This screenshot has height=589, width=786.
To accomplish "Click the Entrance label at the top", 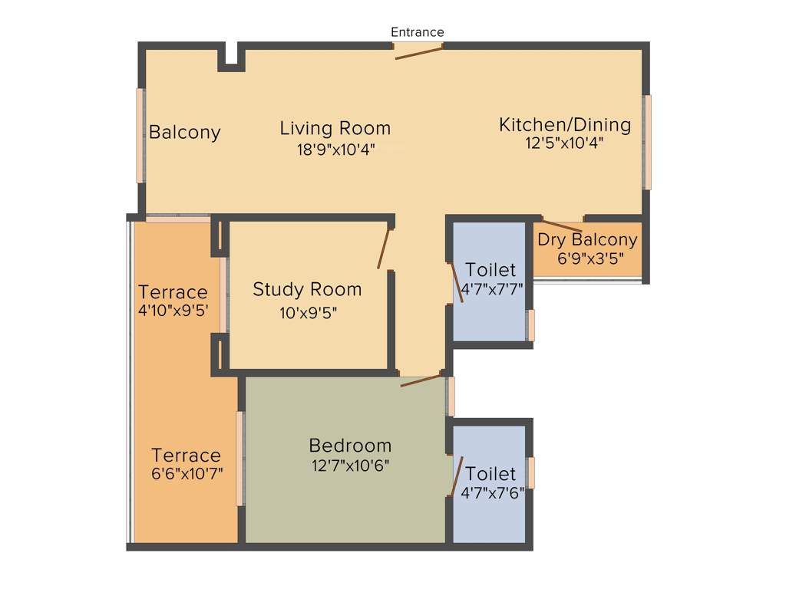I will pyautogui.click(x=418, y=32).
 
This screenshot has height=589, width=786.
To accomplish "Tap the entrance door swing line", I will pyautogui.click(x=419, y=52).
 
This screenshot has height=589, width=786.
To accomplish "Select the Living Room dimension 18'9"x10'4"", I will pyautogui.click(x=335, y=150).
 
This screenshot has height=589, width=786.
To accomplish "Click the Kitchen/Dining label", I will pyautogui.click(x=565, y=124).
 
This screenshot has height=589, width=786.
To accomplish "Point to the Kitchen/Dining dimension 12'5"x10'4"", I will pyautogui.click(x=565, y=143).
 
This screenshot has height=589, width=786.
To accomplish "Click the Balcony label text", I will pyautogui.click(x=184, y=132).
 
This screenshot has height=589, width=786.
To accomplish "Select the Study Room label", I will pyautogui.click(x=307, y=289).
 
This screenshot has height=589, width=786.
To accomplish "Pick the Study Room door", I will pyautogui.click(x=385, y=248).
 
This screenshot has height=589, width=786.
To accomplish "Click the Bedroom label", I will pyautogui.click(x=350, y=445).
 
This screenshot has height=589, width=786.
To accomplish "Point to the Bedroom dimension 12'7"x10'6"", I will pyautogui.click(x=350, y=465).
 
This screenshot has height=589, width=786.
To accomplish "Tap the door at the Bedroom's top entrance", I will pyautogui.click(x=421, y=380).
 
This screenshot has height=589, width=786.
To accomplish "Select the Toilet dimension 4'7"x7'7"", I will pyautogui.click(x=492, y=290).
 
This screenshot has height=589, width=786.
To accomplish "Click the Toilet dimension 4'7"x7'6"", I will pyautogui.click(x=492, y=493).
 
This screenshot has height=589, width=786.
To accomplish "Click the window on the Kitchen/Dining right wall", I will pyautogui.click(x=648, y=142).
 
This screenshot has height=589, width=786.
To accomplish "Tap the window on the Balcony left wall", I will pyautogui.click(x=140, y=136).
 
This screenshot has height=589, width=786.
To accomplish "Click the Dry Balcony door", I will pyautogui.click(x=561, y=225).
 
